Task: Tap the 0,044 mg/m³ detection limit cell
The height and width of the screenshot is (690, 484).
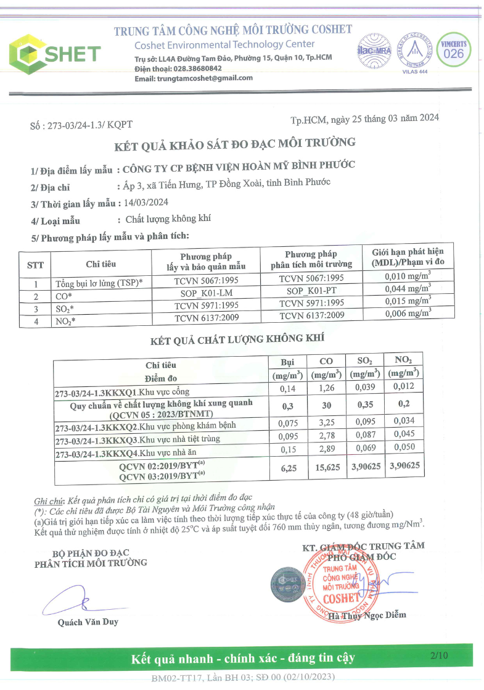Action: (407, 288)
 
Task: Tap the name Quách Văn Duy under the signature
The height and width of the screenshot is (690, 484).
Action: (88, 622)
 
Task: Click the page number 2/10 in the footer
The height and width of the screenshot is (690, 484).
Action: (440, 655)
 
